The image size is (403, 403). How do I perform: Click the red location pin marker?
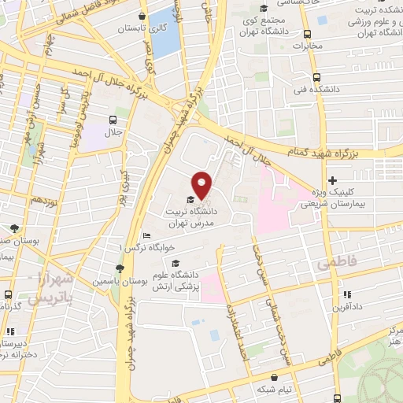[202, 184]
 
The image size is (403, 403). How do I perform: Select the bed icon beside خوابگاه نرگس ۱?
[147, 236]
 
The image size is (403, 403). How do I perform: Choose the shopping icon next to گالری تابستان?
[141, 16]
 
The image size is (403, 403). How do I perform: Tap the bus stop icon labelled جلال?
[113, 120]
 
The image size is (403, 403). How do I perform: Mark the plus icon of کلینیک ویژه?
[333, 180]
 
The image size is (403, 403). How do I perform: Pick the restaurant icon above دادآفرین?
[343, 296]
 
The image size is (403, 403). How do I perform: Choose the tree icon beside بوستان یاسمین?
[117, 268]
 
